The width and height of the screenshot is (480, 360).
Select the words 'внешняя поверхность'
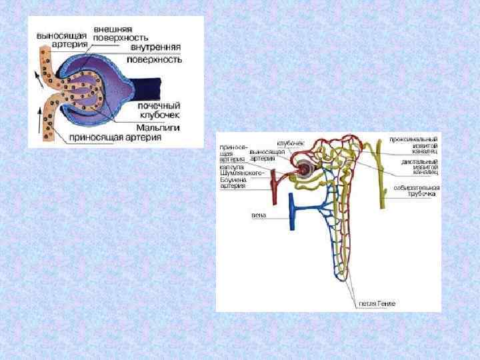point(120,34)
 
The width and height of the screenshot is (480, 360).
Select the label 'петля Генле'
point(377,303)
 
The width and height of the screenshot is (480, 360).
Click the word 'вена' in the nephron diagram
point(258,215)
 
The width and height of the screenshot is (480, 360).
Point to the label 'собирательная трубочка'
point(415,191)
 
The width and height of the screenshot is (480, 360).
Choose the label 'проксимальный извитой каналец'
point(414,146)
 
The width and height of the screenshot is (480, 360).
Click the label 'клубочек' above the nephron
point(291,143)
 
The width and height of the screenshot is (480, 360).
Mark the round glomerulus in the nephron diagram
point(305,170)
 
